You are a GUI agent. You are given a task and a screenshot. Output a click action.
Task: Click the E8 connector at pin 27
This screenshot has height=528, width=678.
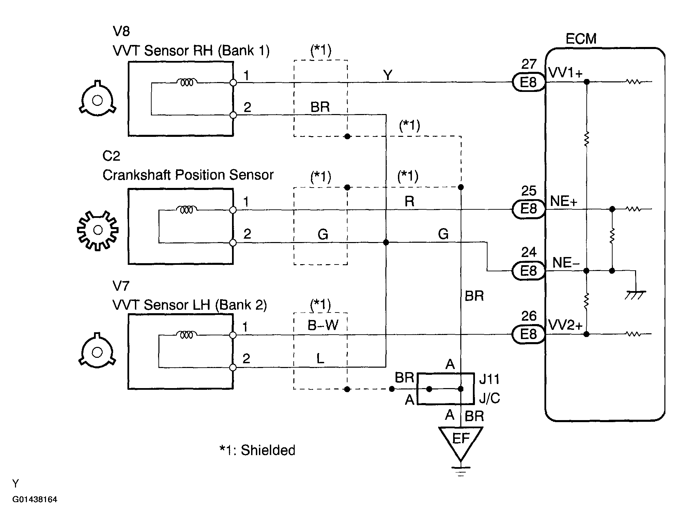[528, 82]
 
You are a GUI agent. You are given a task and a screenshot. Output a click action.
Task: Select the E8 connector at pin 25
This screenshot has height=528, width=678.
[528, 209]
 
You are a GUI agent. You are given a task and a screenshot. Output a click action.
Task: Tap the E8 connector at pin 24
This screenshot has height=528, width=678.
[528, 271]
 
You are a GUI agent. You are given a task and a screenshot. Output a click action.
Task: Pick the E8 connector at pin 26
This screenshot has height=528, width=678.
[528, 334]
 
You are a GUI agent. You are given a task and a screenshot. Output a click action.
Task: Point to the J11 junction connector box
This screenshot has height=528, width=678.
[446, 389]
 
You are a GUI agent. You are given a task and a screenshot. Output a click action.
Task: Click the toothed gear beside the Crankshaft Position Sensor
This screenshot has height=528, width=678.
[98, 230]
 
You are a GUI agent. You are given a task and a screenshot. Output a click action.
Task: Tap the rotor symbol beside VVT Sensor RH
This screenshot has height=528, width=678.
[97, 100]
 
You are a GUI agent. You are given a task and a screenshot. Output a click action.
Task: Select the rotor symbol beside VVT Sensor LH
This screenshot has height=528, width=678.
[97, 352]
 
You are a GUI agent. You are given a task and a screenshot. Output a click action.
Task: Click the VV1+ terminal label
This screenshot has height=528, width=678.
[566, 73]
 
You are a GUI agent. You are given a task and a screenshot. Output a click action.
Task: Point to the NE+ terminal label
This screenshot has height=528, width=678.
[564, 201]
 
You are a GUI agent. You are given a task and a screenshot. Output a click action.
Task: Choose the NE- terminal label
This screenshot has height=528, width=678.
[566, 262]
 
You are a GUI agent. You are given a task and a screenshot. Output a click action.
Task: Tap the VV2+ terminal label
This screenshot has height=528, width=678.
[566, 325]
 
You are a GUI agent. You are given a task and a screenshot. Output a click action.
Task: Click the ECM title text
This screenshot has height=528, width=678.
[581, 39]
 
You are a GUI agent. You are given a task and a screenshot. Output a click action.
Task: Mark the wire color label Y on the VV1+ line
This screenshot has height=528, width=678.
[388, 75]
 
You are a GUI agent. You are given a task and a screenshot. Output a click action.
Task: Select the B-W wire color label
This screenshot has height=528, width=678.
[323, 325]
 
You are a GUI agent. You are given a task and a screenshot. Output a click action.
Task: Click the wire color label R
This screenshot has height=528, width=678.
[409, 202]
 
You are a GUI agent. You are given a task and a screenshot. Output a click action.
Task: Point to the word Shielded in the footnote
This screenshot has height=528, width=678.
[268, 450]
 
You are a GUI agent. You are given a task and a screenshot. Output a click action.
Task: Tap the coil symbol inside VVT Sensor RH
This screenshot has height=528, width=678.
[186, 82]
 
